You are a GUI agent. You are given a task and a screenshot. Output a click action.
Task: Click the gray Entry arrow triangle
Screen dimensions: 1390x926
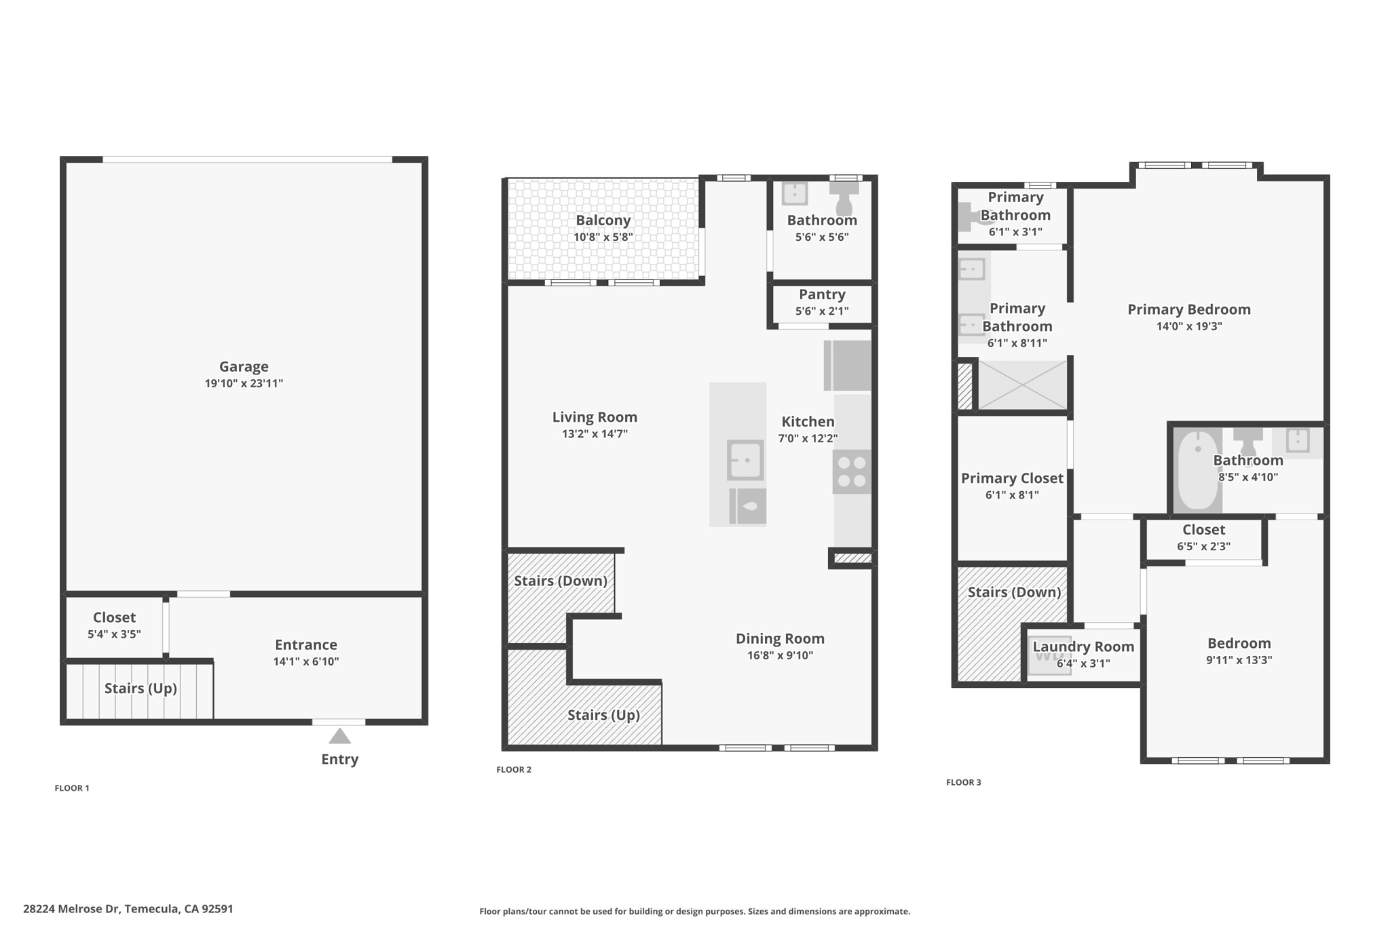coord(339,736)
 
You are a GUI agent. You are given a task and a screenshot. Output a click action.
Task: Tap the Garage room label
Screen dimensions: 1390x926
coord(244,367)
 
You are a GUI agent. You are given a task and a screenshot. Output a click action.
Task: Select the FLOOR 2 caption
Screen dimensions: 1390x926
coord(514,769)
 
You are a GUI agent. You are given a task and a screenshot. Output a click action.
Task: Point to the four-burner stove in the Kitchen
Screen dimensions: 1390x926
coord(852,471)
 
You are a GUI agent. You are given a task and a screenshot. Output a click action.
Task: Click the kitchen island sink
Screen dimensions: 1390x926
coord(745,460)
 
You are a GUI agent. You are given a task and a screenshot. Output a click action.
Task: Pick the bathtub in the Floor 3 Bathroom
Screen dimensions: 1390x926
coord(1198,469)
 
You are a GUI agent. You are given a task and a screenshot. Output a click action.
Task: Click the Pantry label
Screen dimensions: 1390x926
coord(822,294)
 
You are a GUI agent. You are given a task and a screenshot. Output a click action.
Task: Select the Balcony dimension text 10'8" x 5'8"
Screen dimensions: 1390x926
coord(603,237)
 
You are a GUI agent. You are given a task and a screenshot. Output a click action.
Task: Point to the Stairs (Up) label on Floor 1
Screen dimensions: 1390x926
coord(140,689)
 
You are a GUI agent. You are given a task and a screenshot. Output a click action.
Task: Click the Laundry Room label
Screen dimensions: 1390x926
coord(1083,647)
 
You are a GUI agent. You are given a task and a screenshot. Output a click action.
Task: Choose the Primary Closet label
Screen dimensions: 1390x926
coord(1012,478)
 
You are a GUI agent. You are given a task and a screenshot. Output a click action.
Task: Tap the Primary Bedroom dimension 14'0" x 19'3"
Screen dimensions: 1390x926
coord(1189,326)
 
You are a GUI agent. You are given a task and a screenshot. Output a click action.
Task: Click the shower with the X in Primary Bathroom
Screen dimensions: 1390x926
coord(1022,385)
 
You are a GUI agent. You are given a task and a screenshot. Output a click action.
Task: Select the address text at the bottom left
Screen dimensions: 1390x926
coord(128,909)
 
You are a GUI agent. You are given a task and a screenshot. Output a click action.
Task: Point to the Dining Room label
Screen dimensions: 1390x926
coord(780,639)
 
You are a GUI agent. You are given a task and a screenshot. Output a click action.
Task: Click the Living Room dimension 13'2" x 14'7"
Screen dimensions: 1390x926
coord(595,434)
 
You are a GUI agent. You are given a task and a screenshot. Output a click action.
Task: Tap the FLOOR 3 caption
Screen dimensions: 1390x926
coord(964,782)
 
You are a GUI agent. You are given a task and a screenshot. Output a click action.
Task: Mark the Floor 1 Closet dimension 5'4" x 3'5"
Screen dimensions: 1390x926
coord(114,634)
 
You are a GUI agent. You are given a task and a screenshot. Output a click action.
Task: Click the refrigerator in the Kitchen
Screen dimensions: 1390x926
coord(848,366)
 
